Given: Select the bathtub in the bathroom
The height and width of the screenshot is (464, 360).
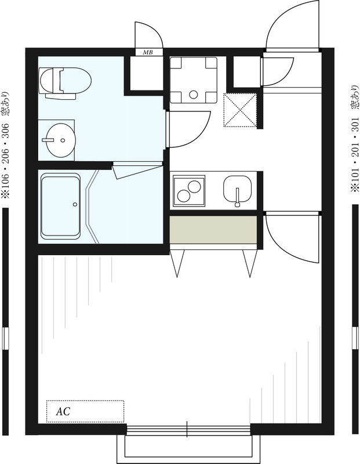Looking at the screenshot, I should click(60, 206).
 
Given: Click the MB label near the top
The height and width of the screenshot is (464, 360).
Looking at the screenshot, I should click(148, 53).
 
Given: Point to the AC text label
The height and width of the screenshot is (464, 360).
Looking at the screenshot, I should click(63, 411).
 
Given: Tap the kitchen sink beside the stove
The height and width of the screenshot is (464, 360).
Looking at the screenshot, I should click(238, 190).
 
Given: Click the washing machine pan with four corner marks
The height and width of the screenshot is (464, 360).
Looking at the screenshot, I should click(193, 79).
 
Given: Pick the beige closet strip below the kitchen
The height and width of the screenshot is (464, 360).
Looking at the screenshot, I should click(213, 231).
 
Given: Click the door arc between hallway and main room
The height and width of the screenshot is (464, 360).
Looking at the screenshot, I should click(290, 238).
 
